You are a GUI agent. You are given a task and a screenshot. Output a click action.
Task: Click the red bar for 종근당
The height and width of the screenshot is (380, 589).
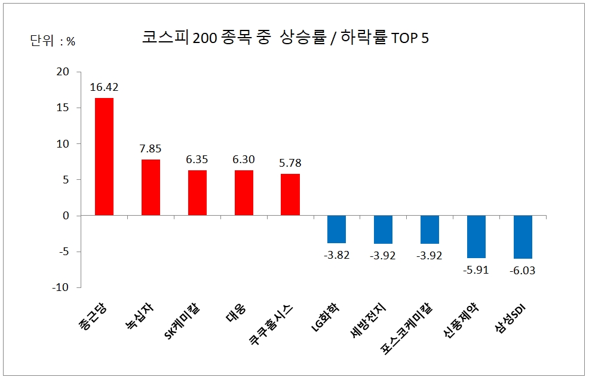[104, 157]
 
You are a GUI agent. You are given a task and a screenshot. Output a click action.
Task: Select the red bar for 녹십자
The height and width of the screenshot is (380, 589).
[151, 187]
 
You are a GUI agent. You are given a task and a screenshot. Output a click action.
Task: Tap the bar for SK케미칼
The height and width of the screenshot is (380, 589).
[197, 192]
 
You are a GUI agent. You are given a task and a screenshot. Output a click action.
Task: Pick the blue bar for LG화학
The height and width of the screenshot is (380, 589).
[336, 229]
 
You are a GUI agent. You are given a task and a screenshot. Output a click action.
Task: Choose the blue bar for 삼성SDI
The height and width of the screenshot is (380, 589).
[523, 237]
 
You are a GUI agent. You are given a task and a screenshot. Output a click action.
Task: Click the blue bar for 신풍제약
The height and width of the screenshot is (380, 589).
[476, 237]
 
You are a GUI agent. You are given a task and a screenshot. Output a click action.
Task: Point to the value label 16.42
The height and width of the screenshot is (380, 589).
[105, 87]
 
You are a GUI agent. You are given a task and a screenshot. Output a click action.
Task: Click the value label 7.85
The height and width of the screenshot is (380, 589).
[151, 149]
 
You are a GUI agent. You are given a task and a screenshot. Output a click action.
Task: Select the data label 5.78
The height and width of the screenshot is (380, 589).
[290, 163]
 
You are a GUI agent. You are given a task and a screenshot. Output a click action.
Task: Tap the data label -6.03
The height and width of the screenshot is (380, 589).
[523, 270]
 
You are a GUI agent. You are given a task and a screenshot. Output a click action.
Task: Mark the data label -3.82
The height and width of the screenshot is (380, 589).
[336, 255]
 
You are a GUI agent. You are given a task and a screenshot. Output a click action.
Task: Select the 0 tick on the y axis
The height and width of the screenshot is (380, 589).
[66, 216]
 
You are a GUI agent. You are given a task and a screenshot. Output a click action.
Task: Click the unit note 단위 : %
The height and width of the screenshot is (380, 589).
[53, 41]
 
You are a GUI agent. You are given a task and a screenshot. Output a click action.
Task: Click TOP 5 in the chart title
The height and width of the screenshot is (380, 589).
[410, 38]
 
